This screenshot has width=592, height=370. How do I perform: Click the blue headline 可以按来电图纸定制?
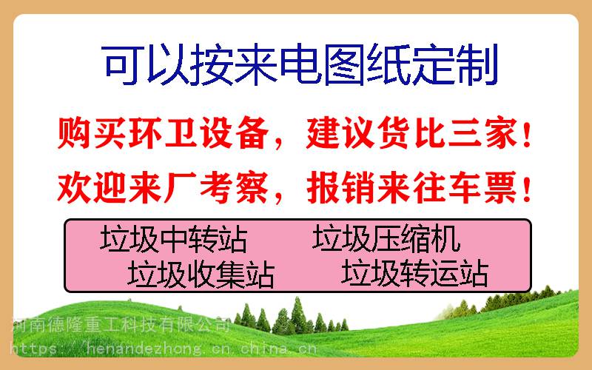pos(300,64)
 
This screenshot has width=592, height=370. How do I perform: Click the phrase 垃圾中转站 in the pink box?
pos(174,239)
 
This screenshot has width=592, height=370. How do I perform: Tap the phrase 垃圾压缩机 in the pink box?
pos(386,238)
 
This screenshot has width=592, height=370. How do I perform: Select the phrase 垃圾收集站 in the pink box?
pos(201,274)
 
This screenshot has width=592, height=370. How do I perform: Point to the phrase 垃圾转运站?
pos(414,272)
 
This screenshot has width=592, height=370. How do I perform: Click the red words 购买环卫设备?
pos(163,133)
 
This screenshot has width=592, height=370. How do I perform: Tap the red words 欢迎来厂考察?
pos(163,187)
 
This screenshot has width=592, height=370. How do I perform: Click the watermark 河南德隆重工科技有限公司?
pos(121,325)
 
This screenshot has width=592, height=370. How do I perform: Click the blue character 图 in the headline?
pos(344,64)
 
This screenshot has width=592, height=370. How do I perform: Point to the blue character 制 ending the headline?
pos(478,64)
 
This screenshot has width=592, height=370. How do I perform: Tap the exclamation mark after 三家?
pos(528,133)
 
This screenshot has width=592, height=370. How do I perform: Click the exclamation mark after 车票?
pos(528,188)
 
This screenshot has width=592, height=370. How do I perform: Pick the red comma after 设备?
pos(279,144)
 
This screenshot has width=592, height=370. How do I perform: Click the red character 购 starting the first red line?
pos(73,133)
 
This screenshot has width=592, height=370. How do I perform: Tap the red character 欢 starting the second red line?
pos(73,188)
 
